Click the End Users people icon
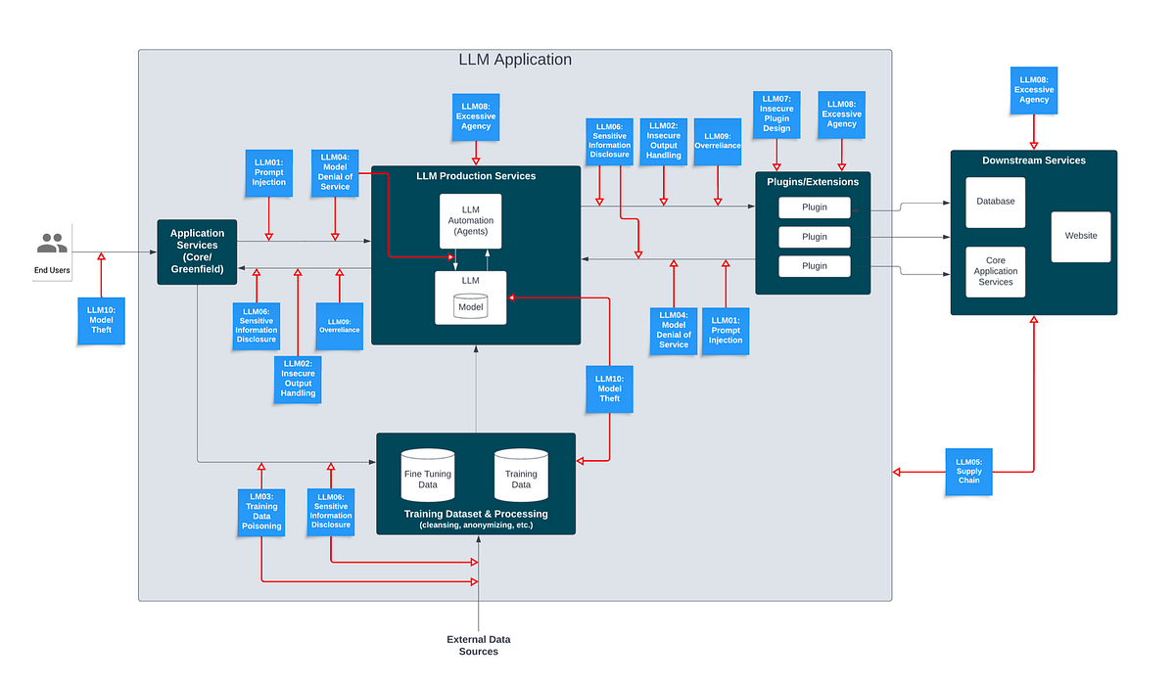pos(52,242)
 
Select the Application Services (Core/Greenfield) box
pos(197,252)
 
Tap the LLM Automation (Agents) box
pos(470,220)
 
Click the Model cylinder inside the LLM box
pos(470,307)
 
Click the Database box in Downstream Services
pos(995,202)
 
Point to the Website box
pos(1081,236)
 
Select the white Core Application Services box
pos(995,271)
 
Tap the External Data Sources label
pos(479,645)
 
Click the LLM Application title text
pos(515,60)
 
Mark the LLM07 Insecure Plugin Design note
pos(776,114)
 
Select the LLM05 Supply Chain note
pos(968,472)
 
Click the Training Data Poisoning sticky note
pos(261,512)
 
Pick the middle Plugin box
pos(815,237)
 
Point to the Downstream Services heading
pos(1033,160)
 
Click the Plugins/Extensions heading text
pos(813,182)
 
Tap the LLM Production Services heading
pos(476,176)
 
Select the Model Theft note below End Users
pos(101,321)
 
